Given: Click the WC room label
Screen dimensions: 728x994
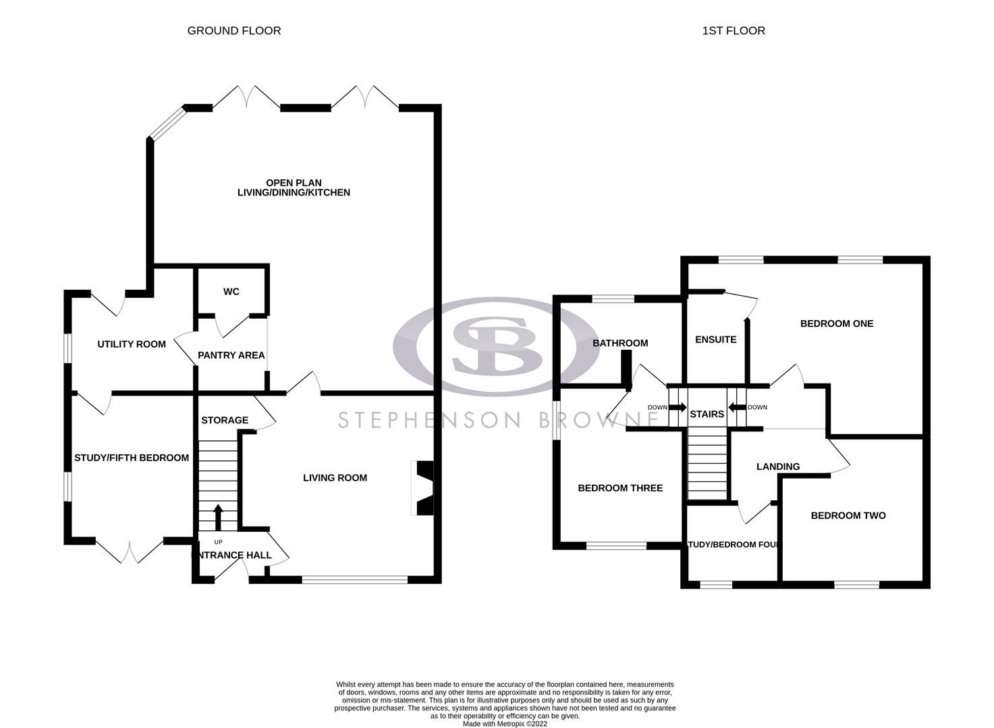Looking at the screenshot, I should [231, 292].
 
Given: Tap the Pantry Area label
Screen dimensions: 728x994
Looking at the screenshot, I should [231, 355].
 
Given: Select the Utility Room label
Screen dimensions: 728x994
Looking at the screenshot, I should [132, 344].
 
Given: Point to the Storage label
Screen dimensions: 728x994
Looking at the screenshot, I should [225, 421].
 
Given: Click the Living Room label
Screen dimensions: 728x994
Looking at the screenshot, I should [335, 478].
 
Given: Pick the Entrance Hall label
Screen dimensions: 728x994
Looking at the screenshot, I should [232, 555].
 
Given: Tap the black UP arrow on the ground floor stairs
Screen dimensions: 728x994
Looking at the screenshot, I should [218, 518].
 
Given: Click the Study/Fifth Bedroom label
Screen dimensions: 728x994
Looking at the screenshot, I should [132, 458].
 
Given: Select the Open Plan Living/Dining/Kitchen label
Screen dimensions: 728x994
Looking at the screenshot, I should [294, 187].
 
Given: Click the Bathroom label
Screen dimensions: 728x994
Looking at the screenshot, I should [620, 343].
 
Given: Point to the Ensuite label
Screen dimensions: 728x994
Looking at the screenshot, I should [715, 340].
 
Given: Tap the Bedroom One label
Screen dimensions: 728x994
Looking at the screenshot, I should [837, 324].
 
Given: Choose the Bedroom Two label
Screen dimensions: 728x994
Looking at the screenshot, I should [848, 516].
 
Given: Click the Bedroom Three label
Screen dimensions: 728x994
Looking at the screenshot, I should [620, 488].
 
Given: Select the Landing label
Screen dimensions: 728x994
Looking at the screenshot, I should [778, 466].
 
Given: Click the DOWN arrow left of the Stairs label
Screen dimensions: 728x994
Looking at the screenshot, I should [678, 408].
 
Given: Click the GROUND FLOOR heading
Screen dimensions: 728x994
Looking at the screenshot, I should [234, 30].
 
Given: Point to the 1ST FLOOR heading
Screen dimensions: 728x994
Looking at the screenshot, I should [734, 30].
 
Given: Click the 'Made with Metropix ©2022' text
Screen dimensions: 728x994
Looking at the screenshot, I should [505, 724].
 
